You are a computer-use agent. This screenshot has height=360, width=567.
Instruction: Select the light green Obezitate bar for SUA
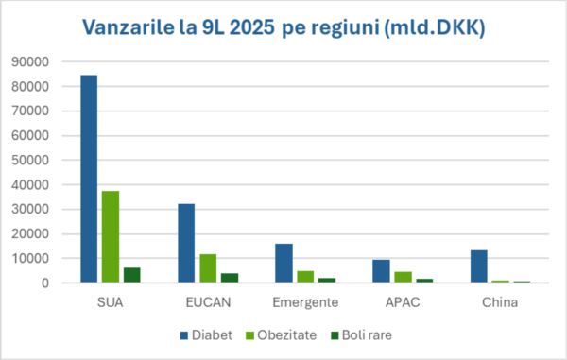coord(111,237)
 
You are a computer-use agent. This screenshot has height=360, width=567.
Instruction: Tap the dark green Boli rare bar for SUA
coord(132,275)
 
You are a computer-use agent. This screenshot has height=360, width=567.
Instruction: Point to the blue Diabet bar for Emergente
coord(283,263)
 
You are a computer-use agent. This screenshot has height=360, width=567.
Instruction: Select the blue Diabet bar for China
coord(479,266)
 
